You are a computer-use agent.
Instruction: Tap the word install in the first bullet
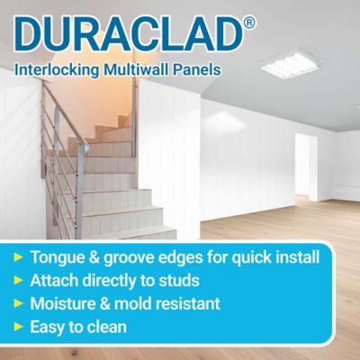coord(294,257)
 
